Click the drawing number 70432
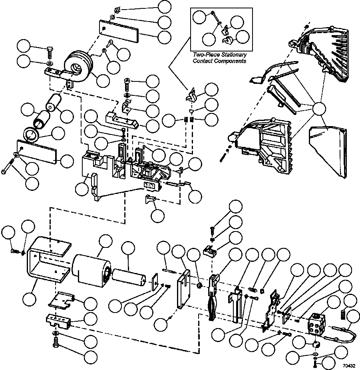coord(349,366)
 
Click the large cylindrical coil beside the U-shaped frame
coord(91,271)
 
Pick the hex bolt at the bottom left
coord(55,342)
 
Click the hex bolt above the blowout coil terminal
coord(50,53)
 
